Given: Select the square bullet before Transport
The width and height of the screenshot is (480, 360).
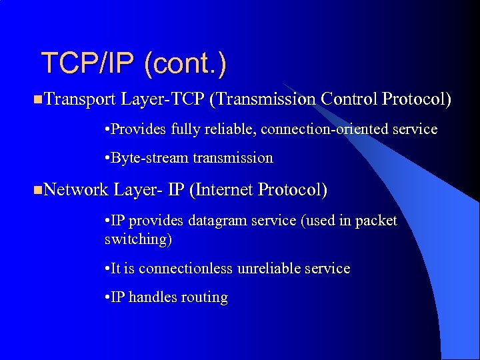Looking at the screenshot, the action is pos(36,100).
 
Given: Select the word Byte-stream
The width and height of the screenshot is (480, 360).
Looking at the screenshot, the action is pos(151,159).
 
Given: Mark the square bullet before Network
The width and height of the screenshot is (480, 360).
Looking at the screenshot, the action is pos(36,191).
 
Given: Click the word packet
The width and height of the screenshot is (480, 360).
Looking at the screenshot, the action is pos(377,221).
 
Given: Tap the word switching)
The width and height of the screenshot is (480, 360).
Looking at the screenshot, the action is pos(138,239).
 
